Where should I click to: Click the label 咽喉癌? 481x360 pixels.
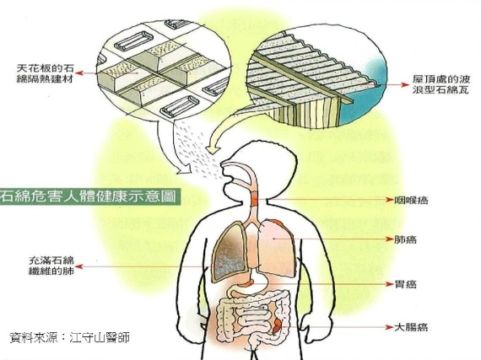tap(411, 201)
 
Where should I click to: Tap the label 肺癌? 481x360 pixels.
tap(406, 239)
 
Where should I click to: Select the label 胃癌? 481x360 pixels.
tap(406, 284)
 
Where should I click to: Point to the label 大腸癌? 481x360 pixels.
tap(411, 327)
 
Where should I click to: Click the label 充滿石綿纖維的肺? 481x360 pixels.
tap(51, 266)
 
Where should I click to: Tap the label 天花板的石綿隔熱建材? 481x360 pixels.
tap(45, 73)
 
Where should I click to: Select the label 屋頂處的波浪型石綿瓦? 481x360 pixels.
tap(440, 84)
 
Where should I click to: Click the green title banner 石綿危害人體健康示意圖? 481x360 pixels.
tap(89, 196)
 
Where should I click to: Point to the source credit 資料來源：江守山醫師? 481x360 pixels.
tap(69, 337)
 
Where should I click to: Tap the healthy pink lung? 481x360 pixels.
tap(278, 248)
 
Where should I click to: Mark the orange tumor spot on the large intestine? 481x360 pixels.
tap(277, 326)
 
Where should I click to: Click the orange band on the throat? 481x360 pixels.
tap(255, 199)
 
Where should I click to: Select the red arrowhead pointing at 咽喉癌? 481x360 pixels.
tap(389, 200)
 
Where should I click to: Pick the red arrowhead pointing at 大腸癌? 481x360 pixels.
tap(389, 327)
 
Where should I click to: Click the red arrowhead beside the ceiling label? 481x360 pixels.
tap(79, 73)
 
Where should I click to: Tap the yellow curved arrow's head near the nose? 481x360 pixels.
tap(214, 148)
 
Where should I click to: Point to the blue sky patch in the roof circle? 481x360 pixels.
tap(365, 101)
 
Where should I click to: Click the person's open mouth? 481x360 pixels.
tap(228, 178)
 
